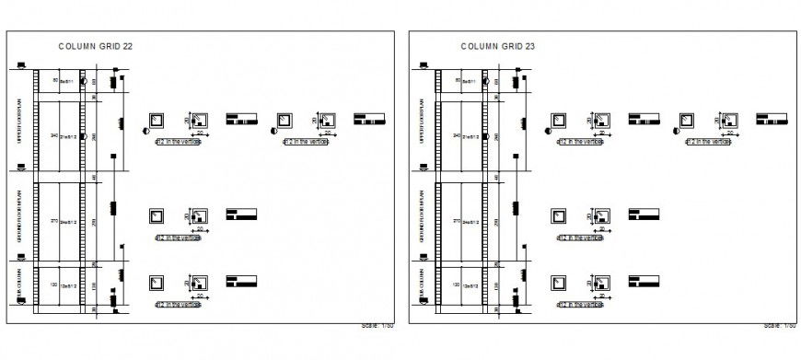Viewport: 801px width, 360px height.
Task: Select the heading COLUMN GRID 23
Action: [498, 44]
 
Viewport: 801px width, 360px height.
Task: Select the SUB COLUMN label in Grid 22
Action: [20, 286]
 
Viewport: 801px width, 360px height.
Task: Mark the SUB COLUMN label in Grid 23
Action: [423, 286]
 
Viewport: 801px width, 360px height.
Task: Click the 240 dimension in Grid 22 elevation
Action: [53, 135]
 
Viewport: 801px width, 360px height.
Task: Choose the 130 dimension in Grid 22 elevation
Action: [53, 285]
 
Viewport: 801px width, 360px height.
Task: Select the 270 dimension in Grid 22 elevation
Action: [53, 221]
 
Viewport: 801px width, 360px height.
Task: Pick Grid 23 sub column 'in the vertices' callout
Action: [581, 304]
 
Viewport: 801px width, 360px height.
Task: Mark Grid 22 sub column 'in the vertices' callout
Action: [179, 304]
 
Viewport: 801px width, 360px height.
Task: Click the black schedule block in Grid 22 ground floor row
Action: [240, 215]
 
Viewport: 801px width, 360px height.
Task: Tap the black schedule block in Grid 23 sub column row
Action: [643, 280]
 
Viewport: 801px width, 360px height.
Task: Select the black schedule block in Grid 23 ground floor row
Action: [643, 215]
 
